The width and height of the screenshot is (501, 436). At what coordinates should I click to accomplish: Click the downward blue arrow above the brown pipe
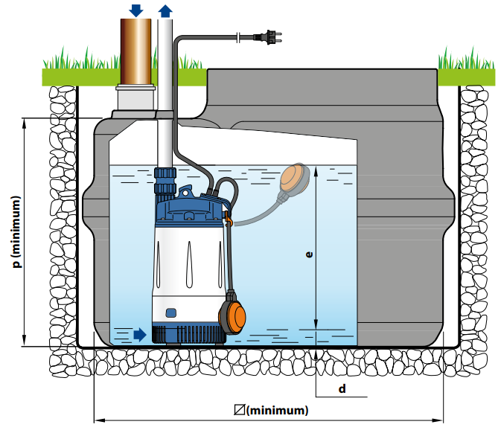(135, 10)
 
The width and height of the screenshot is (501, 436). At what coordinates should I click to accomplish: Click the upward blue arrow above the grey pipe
(165, 10)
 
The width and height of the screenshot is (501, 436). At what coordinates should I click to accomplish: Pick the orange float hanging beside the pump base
(234, 315)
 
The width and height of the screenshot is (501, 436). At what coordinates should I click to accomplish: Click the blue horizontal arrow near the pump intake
(141, 334)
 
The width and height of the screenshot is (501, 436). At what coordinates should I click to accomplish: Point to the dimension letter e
(309, 254)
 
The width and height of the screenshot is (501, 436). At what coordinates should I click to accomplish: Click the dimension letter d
(342, 388)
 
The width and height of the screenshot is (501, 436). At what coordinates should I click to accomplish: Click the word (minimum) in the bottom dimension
(277, 410)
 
